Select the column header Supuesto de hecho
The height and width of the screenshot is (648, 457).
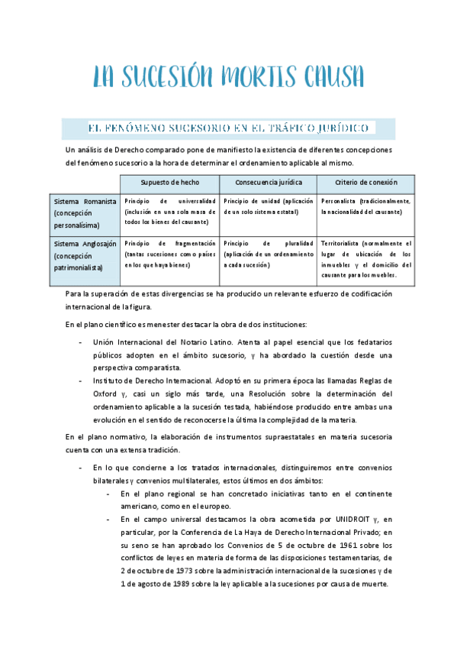pyautogui.click(x=169, y=183)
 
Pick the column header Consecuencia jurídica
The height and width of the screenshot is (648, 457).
pyautogui.click(x=269, y=183)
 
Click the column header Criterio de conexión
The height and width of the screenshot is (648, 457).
pyautogui.click(x=365, y=183)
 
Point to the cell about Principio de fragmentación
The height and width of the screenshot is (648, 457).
pyautogui.click(x=169, y=254)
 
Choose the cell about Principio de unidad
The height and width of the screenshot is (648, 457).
pyautogui.click(x=269, y=206)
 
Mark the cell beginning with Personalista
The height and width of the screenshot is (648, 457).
pyautogui.click(x=365, y=206)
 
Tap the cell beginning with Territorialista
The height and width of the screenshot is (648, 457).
pyautogui.click(x=365, y=259)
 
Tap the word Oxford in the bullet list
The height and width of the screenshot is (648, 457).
pyautogui.click(x=107, y=393)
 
